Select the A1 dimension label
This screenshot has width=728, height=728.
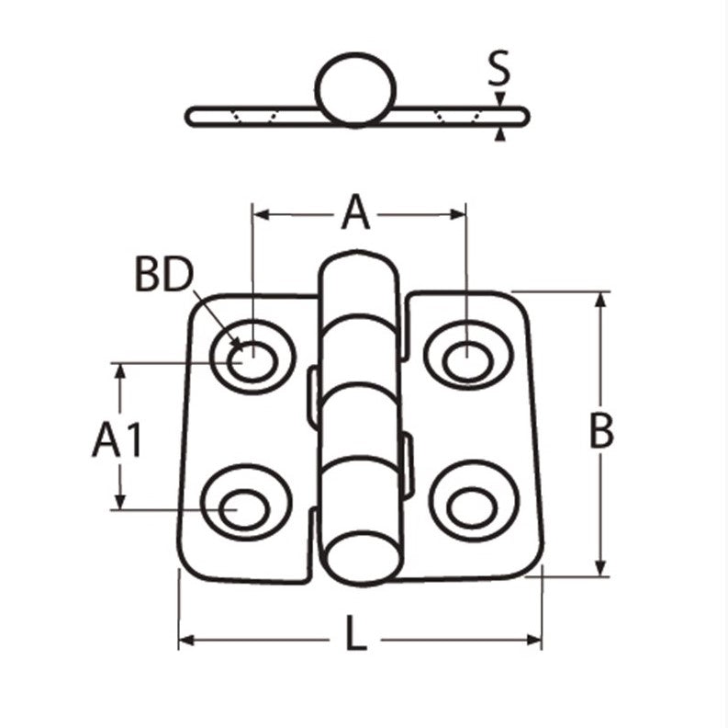pos(118,442)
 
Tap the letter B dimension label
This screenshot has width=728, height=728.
pos(599,431)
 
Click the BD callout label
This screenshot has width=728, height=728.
pos(164,275)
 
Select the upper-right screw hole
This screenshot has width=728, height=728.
pos(466,358)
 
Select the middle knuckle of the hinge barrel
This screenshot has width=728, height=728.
pos(359,399)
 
